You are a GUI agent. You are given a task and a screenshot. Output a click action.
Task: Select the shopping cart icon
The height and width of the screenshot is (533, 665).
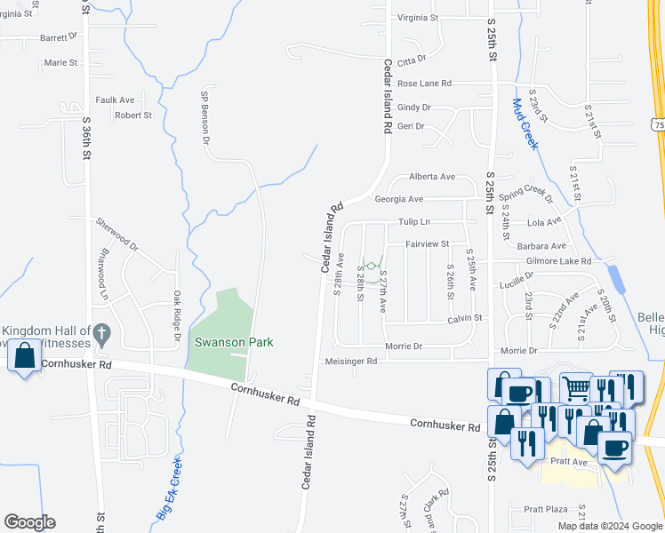pos(576,387)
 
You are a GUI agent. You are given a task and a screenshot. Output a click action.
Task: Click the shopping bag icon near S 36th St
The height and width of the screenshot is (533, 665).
pos(24,355)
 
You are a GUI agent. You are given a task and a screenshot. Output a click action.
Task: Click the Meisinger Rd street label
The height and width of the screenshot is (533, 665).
pos(352,362)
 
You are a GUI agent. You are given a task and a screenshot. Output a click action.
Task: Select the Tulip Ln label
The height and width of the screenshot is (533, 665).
pos(414,221)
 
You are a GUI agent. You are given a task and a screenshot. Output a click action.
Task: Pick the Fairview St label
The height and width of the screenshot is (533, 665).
pos(428,243)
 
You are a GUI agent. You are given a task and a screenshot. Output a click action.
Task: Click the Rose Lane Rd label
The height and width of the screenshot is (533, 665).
pos(424,84)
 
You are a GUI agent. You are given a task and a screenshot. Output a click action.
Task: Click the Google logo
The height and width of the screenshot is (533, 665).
pos(29,522)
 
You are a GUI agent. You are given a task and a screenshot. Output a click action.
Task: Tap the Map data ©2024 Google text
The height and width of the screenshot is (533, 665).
pos(610,526)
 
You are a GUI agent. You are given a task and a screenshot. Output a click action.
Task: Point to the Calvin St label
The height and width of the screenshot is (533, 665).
pos(464,318)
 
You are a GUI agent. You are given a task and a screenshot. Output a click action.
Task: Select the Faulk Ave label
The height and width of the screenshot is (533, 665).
pos(115,100)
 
